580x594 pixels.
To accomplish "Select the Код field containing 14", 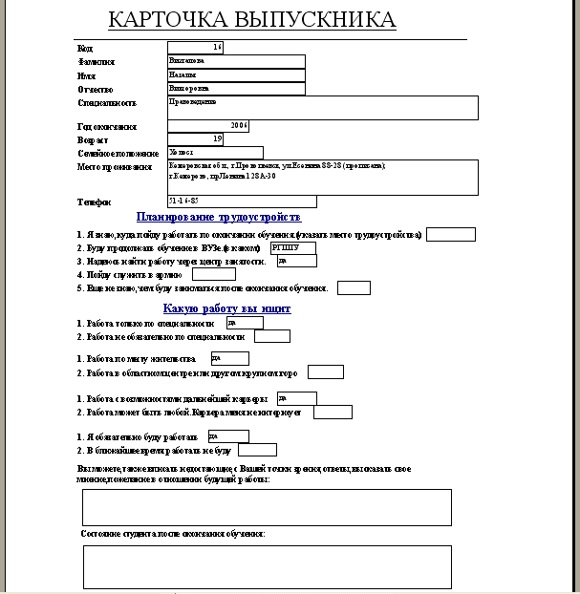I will coord(195,47).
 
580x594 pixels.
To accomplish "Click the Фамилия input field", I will coord(236,61).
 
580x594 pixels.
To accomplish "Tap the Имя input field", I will coord(236,75).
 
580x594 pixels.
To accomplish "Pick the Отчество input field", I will coord(236,90).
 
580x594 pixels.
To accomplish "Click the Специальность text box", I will coord(322,108).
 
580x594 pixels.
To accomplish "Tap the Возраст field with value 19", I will coord(195,139).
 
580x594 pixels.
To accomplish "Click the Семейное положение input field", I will coord(215,153).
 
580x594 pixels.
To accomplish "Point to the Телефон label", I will coord(95,202).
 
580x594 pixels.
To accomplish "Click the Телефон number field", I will coord(242,202).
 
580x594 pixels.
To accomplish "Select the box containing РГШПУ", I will coord(292,247).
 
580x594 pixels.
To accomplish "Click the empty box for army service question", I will coord(213,274).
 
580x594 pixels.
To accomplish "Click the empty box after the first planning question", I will coord(457,235).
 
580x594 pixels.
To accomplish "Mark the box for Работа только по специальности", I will coord(245,323).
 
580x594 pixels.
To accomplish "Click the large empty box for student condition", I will coord(267,567).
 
